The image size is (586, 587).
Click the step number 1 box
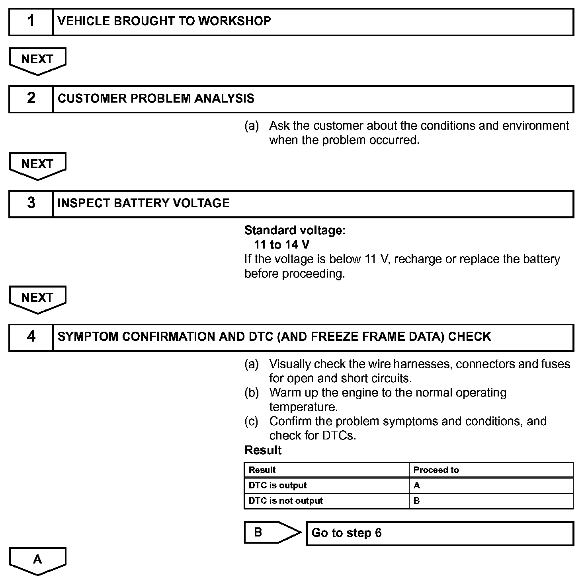click(x=31, y=21)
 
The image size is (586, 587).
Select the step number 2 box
click(x=31, y=99)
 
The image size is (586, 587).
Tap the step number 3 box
click(x=31, y=203)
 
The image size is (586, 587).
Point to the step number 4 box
click(x=31, y=337)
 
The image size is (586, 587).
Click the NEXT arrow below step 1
click(x=37, y=60)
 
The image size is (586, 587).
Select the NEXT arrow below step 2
click(x=37, y=165)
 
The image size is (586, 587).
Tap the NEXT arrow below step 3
click(x=37, y=299)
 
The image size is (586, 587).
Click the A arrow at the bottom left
click(x=37, y=560)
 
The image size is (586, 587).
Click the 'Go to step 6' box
click(x=440, y=533)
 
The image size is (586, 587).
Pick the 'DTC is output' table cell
click(x=326, y=486)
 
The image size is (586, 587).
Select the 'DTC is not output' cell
click(x=326, y=501)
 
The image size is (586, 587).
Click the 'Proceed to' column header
click(x=491, y=470)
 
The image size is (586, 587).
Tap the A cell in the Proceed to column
click(x=491, y=486)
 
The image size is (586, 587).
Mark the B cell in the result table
click(x=491, y=501)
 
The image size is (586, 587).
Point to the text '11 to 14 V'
click(x=281, y=245)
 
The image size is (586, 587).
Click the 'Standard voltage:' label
click(x=295, y=230)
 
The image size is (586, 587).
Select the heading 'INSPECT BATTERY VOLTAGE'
click(x=143, y=203)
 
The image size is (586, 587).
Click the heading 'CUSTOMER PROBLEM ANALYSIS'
click(x=156, y=99)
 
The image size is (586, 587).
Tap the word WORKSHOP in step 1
click(x=234, y=21)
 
